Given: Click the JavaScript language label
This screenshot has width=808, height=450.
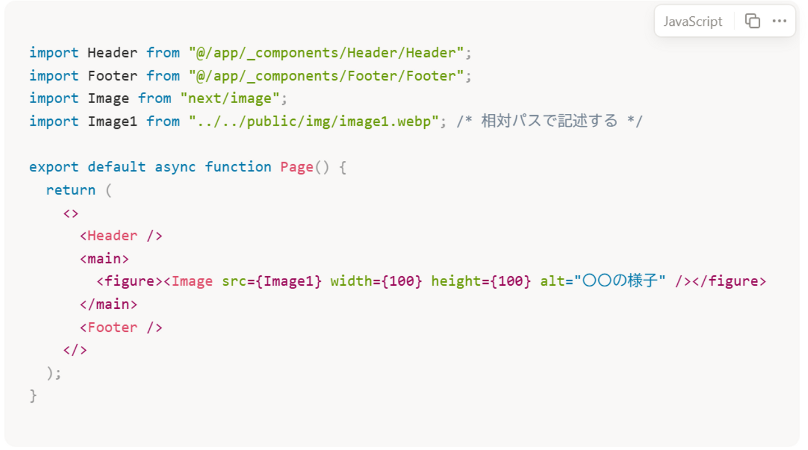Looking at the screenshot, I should pyautogui.click(x=693, y=22).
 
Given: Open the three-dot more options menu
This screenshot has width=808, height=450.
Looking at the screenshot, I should pyautogui.click(x=779, y=21).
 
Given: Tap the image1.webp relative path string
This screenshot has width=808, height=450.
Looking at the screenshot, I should pyautogui.click(x=314, y=122).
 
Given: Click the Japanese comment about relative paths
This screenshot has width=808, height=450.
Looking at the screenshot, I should pyautogui.click(x=549, y=122).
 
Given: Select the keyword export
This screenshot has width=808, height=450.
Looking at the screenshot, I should pyautogui.click(x=54, y=167).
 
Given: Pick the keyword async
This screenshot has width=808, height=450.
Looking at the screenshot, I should pyautogui.click(x=175, y=167).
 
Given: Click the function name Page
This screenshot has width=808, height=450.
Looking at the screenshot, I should pyautogui.click(x=296, y=167).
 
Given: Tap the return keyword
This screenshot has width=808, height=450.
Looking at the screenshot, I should pyautogui.click(x=71, y=190).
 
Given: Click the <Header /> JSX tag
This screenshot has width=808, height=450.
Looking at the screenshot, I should pyautogui.click(x=121, y=236).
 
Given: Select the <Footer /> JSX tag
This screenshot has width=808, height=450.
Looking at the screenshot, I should pyautogui.click(x=121, y=327).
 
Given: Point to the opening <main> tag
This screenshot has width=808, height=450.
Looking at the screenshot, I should pyautogui.click(x=104, y=259).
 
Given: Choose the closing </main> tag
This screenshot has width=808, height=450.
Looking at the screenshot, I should pyautogui.click(x=108, y=304).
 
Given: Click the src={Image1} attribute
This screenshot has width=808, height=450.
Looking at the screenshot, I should pyautogui.click(x=272, y=281).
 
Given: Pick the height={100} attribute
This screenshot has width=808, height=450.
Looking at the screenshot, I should pyautogui.click(x=481, y=281).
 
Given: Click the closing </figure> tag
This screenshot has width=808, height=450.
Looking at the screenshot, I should pyautogui.click(x=729, y=281).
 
